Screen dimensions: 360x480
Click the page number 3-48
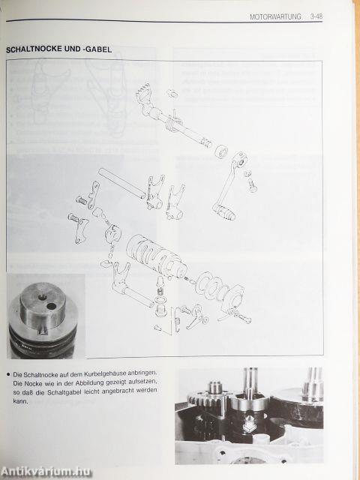click(x=316, y=16)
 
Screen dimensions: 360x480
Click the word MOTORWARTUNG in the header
click(x=275, y=16)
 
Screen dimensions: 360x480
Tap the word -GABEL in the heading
click(x=97, y=49)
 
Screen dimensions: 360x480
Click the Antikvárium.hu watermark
click(x=46, y=472)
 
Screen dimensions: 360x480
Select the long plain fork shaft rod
click(x=121, y=183)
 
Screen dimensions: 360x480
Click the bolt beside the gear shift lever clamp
click(x=253, y=185)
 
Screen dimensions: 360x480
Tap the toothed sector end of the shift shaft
click(x=143, y=93)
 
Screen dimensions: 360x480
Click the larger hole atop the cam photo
click(x=51, y=306)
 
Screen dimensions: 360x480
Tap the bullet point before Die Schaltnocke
click(x=8, y=373)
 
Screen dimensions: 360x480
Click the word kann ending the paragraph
click(x=20, y=400)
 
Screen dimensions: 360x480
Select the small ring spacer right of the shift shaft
click(x=220, y=151)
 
